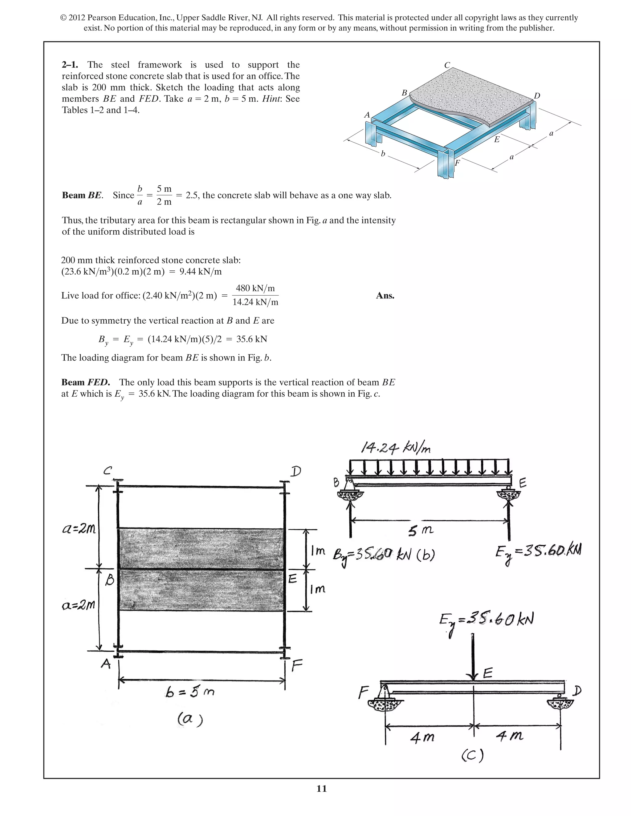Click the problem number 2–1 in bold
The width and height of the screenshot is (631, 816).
pos(70,65)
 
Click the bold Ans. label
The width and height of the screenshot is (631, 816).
pos(385,296)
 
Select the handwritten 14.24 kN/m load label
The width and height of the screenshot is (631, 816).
pos(396,447)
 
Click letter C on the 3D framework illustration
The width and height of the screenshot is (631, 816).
pos(447,65)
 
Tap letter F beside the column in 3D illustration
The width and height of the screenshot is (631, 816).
pos(457,163)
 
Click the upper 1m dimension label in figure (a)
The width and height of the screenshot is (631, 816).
pos(317,551)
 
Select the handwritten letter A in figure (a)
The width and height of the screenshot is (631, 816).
pos(106,664)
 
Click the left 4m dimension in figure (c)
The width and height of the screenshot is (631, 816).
pos(422,737)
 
